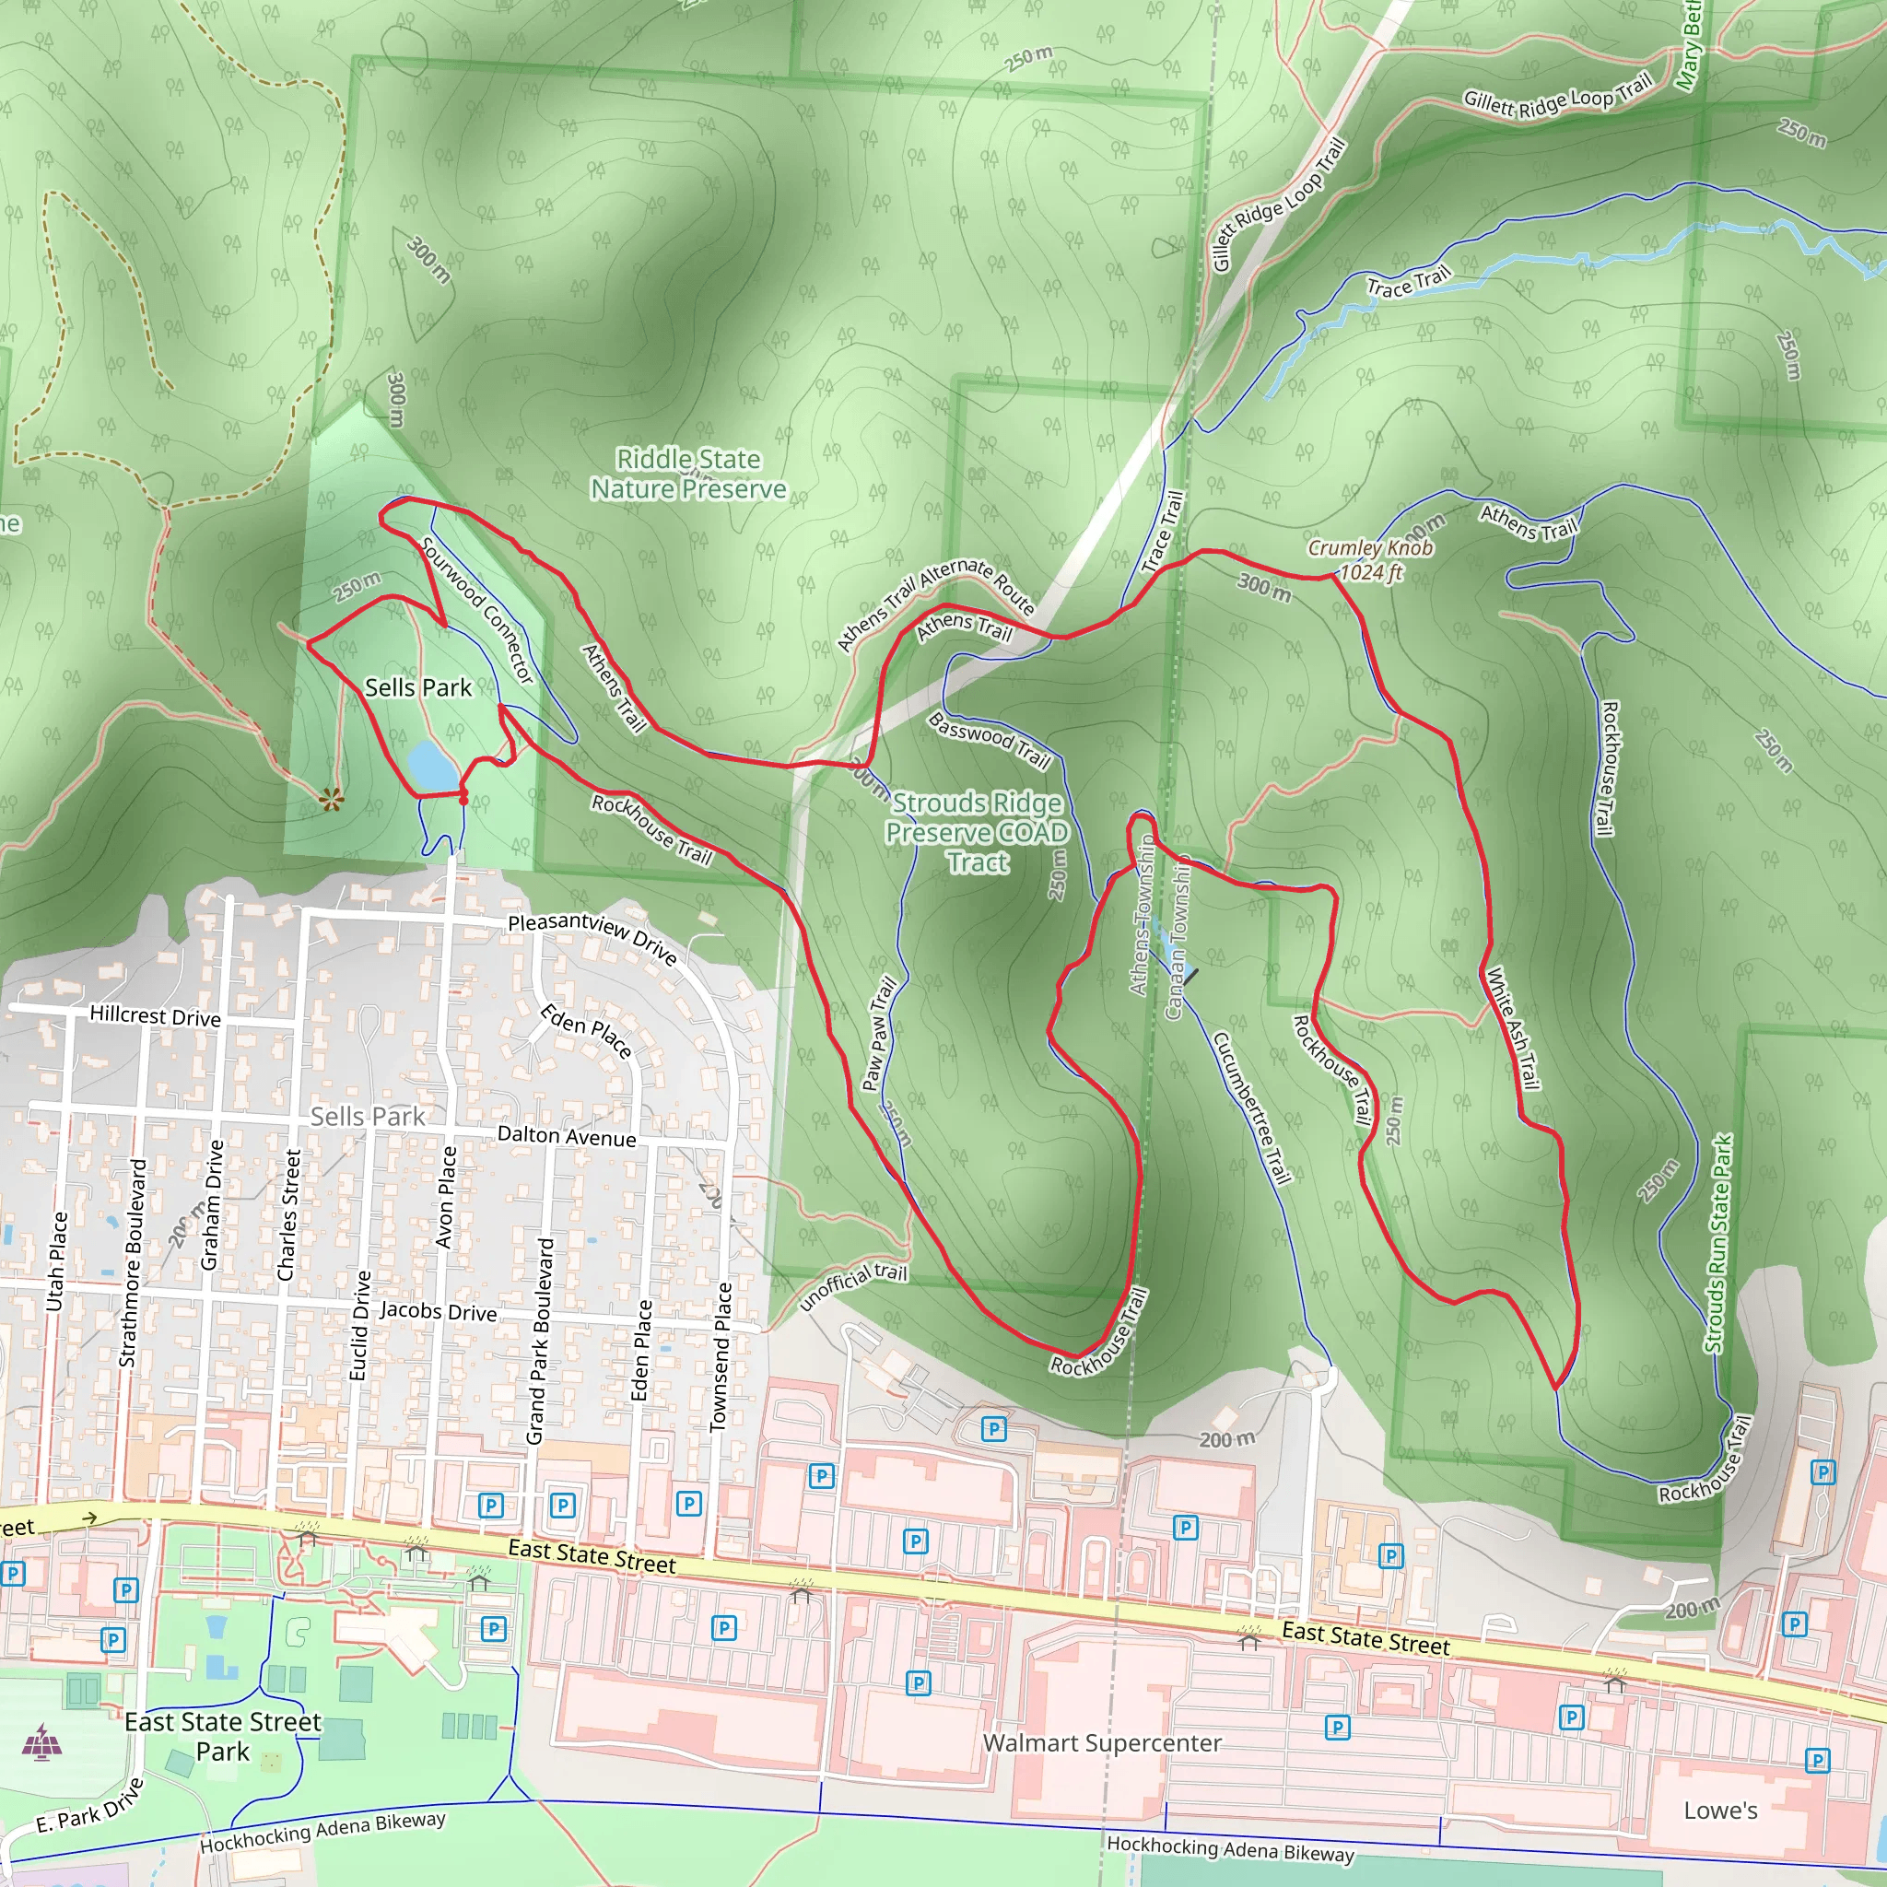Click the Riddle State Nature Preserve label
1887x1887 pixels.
[x=688, y=474]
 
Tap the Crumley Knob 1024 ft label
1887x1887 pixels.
[x=1370, y=559]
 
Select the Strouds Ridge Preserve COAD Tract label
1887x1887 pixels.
[x=977, y=832]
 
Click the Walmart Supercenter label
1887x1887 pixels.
[x=1102, y=1742]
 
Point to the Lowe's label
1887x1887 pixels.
[x=1720, y=1810]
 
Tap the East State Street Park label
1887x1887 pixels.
[x=223, y=1736]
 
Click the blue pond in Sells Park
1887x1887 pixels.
[x=430, y=765]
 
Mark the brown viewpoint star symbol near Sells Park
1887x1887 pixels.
[x=331, y=800]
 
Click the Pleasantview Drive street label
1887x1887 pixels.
[x=592, y=937]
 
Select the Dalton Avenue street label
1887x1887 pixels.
[x=567, y=1136]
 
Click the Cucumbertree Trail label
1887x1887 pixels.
[x=1251, y=1108]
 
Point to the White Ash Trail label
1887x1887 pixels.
[x=1513, y=1027]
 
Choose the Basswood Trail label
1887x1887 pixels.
[x=989, y=739]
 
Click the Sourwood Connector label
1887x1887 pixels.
[x=477, y=609]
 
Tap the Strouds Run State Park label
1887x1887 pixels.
[x=1718, y=1242]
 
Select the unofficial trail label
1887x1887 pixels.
[x=852, y=1286]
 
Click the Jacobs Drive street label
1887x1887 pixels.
[x=438, y=1311]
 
